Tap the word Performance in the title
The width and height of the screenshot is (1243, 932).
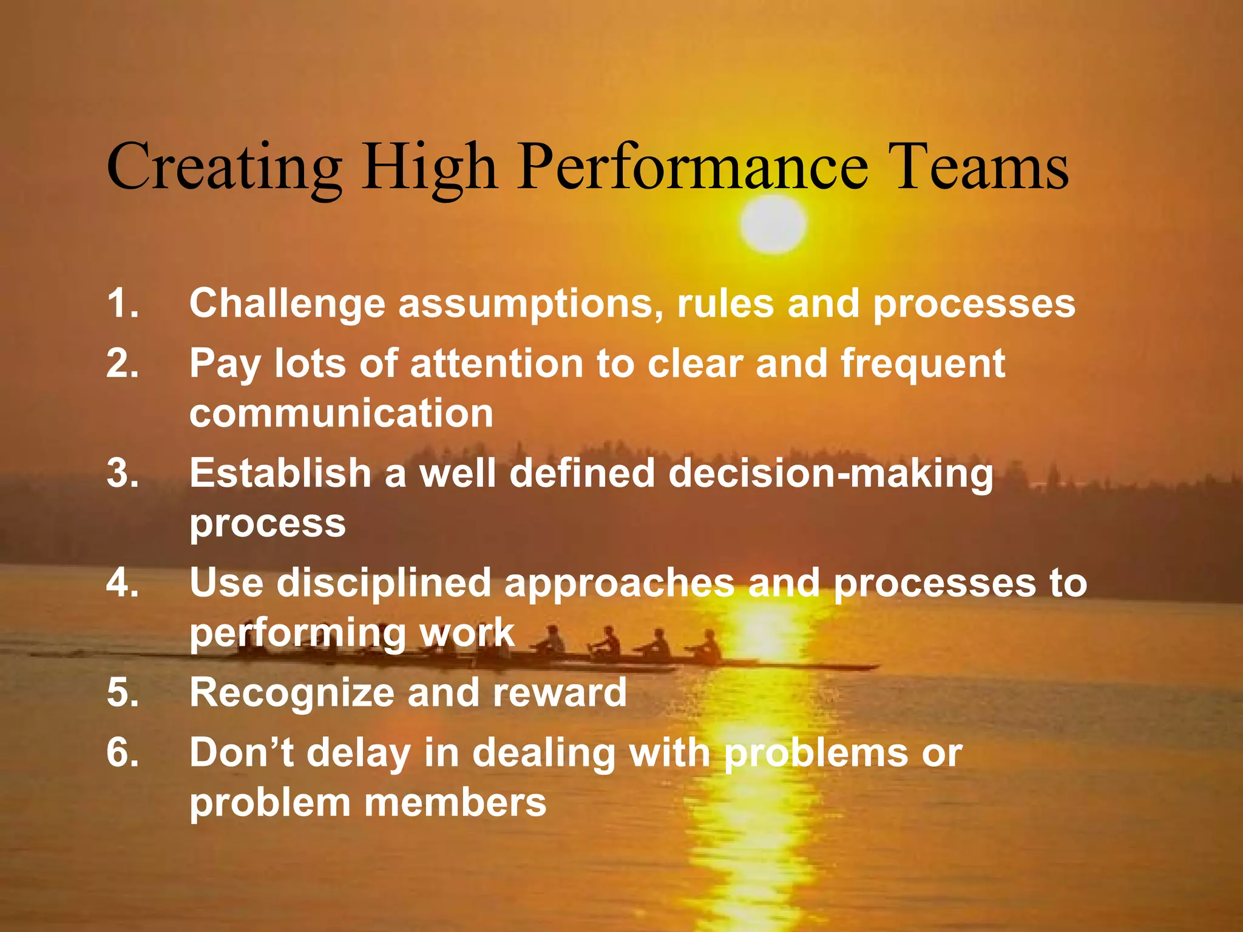693,167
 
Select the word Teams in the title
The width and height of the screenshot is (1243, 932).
981,167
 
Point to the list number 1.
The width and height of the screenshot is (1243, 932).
122,303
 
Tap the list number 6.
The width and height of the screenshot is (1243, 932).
122,752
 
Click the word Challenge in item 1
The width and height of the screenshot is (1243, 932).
287,304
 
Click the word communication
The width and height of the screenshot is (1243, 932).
341,414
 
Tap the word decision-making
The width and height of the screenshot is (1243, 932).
831,474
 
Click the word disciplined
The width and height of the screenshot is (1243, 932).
384,584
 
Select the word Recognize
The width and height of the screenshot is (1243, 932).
291,693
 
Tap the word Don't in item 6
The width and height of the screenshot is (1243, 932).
242,752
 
